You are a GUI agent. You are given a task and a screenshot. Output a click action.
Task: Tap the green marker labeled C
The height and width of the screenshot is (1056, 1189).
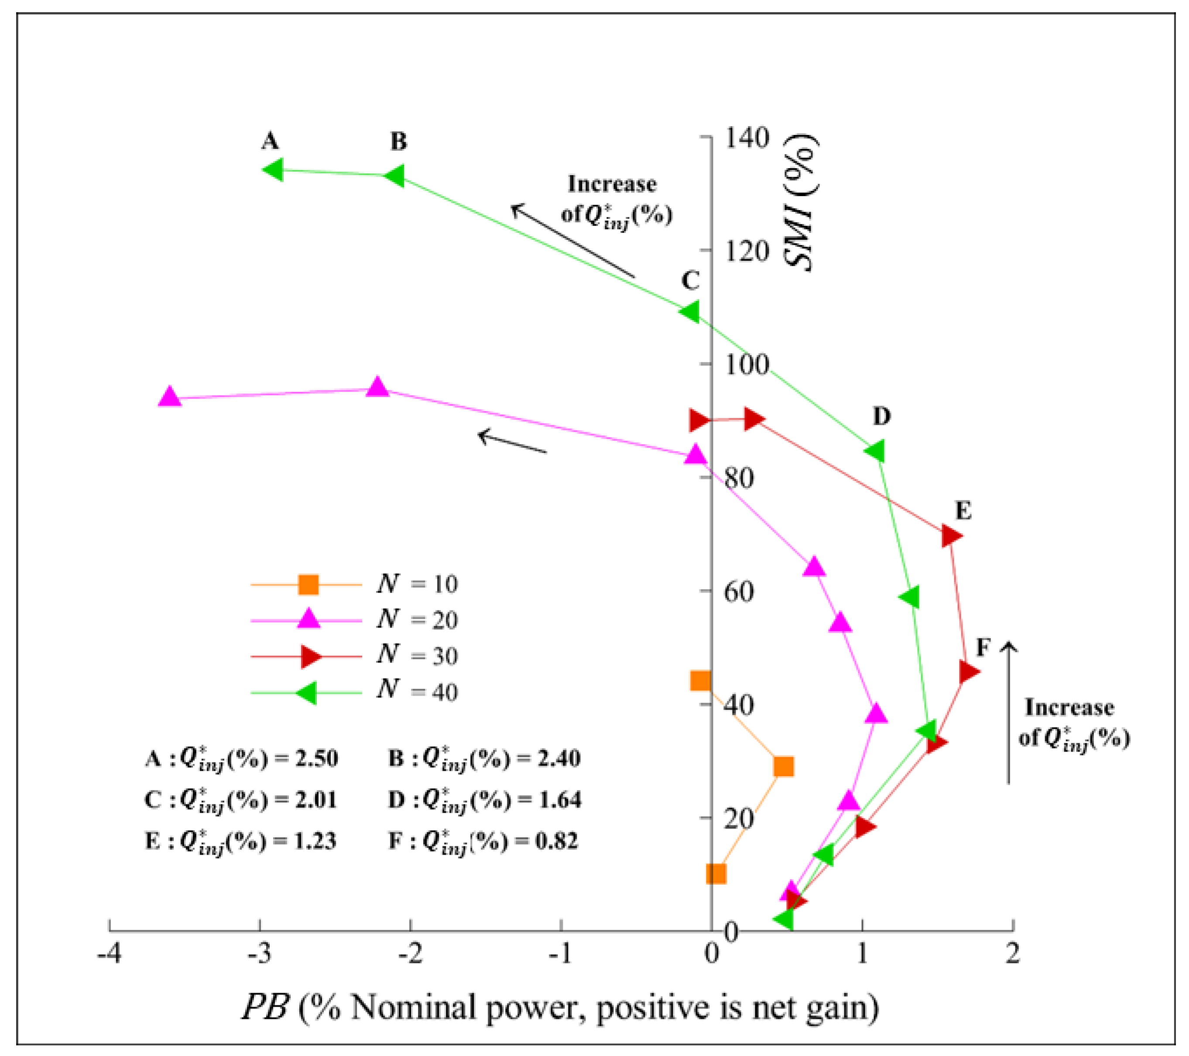(x=690, y=311)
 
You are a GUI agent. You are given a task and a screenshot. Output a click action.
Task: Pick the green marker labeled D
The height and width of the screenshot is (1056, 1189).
(x=875, y=451)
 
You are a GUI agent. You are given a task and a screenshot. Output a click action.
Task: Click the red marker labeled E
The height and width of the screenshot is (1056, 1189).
(x=951, y=535)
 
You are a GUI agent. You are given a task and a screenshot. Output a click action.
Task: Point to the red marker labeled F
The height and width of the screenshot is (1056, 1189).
(x=968, y=671)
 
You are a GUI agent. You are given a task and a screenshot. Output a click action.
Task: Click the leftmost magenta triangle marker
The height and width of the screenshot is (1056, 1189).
(x=170, y=397)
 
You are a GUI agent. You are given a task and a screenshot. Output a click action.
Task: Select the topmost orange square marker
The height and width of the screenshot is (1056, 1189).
(x=700, y=680)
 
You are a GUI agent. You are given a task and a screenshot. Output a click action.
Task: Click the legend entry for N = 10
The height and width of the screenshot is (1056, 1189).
(x=355, y=584)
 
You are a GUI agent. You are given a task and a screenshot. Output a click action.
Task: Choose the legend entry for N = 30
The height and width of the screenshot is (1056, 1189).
(x=355, y=656)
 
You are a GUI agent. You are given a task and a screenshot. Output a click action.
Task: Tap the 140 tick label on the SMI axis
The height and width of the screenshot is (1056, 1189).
(x=746, y=138)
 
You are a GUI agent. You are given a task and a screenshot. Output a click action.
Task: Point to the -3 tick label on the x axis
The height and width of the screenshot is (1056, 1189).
(x=260, y=953)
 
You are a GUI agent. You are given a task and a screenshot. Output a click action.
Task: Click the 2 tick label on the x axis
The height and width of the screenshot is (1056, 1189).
(x=1012, y=953)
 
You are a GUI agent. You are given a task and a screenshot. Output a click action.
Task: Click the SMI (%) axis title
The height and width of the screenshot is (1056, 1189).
(x=801, y=202)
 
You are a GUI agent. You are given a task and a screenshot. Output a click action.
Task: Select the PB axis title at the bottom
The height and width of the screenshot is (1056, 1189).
(x=560, y=1008)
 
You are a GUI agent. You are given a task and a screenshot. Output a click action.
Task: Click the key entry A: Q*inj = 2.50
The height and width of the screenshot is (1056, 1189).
(x=241, y=759)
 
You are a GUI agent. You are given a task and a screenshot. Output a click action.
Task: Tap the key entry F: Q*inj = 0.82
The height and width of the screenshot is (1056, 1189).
(x=483, y=841)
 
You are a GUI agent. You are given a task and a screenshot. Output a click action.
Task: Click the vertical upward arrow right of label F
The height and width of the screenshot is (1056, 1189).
(x=1009, y=713)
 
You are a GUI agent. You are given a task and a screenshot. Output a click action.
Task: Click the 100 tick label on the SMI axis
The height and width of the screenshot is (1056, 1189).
(x=746, y=364)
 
